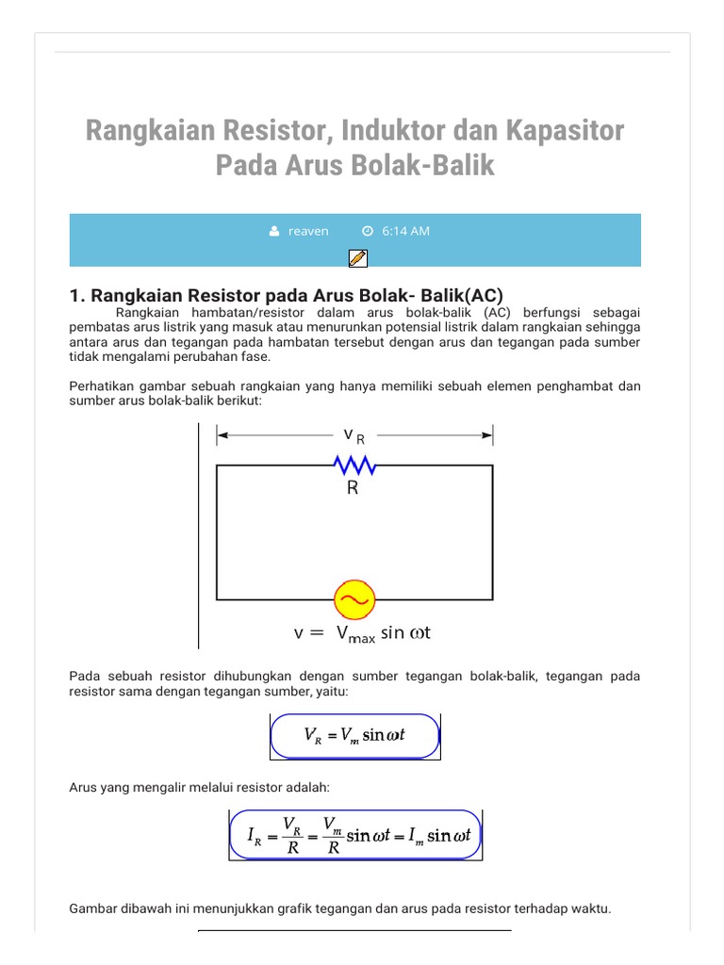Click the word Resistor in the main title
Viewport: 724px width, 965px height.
point(285,130)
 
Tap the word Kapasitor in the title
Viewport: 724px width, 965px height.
point(564,130)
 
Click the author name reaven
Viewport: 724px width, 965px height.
point(308,231)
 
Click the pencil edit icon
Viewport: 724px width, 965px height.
point(357,257)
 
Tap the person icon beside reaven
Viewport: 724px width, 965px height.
point(274,231)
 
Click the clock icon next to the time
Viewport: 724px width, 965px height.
point(368,231)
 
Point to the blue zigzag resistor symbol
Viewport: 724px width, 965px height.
point(354,466)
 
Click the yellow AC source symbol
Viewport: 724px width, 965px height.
point(355,599)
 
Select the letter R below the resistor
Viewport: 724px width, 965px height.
point(353,488)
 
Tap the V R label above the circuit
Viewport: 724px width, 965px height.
point(354,435)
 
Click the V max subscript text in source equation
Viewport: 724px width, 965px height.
point(355,634)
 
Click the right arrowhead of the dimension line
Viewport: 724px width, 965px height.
point(487,435)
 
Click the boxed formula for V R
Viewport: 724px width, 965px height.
point(355,736)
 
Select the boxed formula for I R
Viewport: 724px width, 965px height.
point(355,835)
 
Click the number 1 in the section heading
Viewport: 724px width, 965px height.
point(75,295)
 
